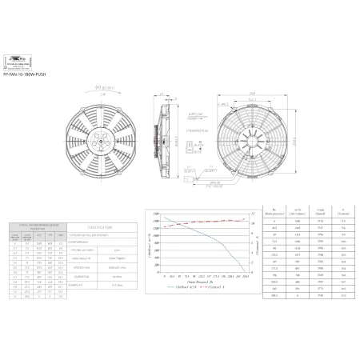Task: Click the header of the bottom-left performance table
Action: click(38, 226)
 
